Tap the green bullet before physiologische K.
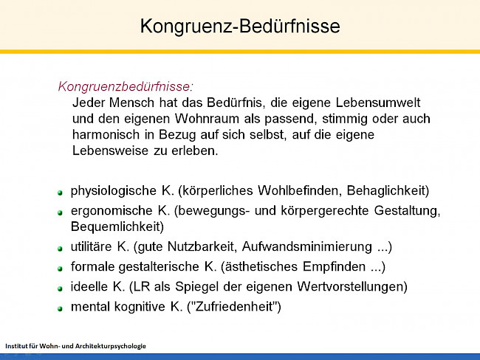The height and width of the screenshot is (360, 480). (x=61, y=192)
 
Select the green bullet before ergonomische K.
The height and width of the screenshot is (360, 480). (x=61, y=212)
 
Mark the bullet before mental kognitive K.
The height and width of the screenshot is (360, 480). (x=61, y=308)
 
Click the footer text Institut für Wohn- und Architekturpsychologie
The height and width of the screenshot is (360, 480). (x=76, y=345)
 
